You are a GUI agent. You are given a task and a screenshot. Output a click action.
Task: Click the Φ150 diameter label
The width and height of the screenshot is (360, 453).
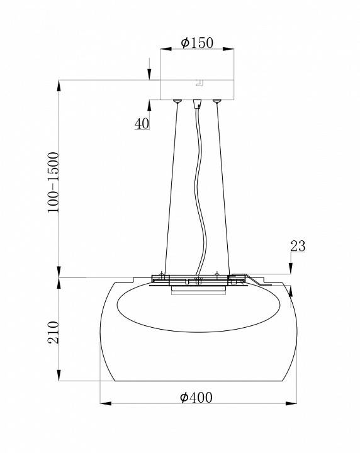click(x=197, y=43)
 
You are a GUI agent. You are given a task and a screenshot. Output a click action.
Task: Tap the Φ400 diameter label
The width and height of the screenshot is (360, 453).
click(x=196, y=398)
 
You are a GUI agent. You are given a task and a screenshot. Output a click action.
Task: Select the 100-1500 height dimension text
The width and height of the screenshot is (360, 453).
click(x=53, y=182)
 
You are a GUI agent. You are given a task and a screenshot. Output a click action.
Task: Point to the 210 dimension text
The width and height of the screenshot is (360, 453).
click(x=53, y=332)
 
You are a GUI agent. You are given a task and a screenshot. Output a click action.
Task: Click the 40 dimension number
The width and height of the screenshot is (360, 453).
click(x=142, y=124)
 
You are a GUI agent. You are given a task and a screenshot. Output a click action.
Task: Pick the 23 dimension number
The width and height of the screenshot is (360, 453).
click(x=298, y=246)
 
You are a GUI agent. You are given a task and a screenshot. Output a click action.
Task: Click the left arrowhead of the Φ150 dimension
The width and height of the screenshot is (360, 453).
click(x=166, y=49)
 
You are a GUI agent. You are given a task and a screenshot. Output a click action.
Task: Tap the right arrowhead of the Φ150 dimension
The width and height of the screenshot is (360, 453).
click(x=228, y=49)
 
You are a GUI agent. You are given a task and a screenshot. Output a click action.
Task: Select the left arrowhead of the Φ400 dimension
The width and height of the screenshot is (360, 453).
click(x=106, y=403)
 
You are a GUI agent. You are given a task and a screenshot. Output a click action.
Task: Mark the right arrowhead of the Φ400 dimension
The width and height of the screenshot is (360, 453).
click(x=291, y=403)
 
